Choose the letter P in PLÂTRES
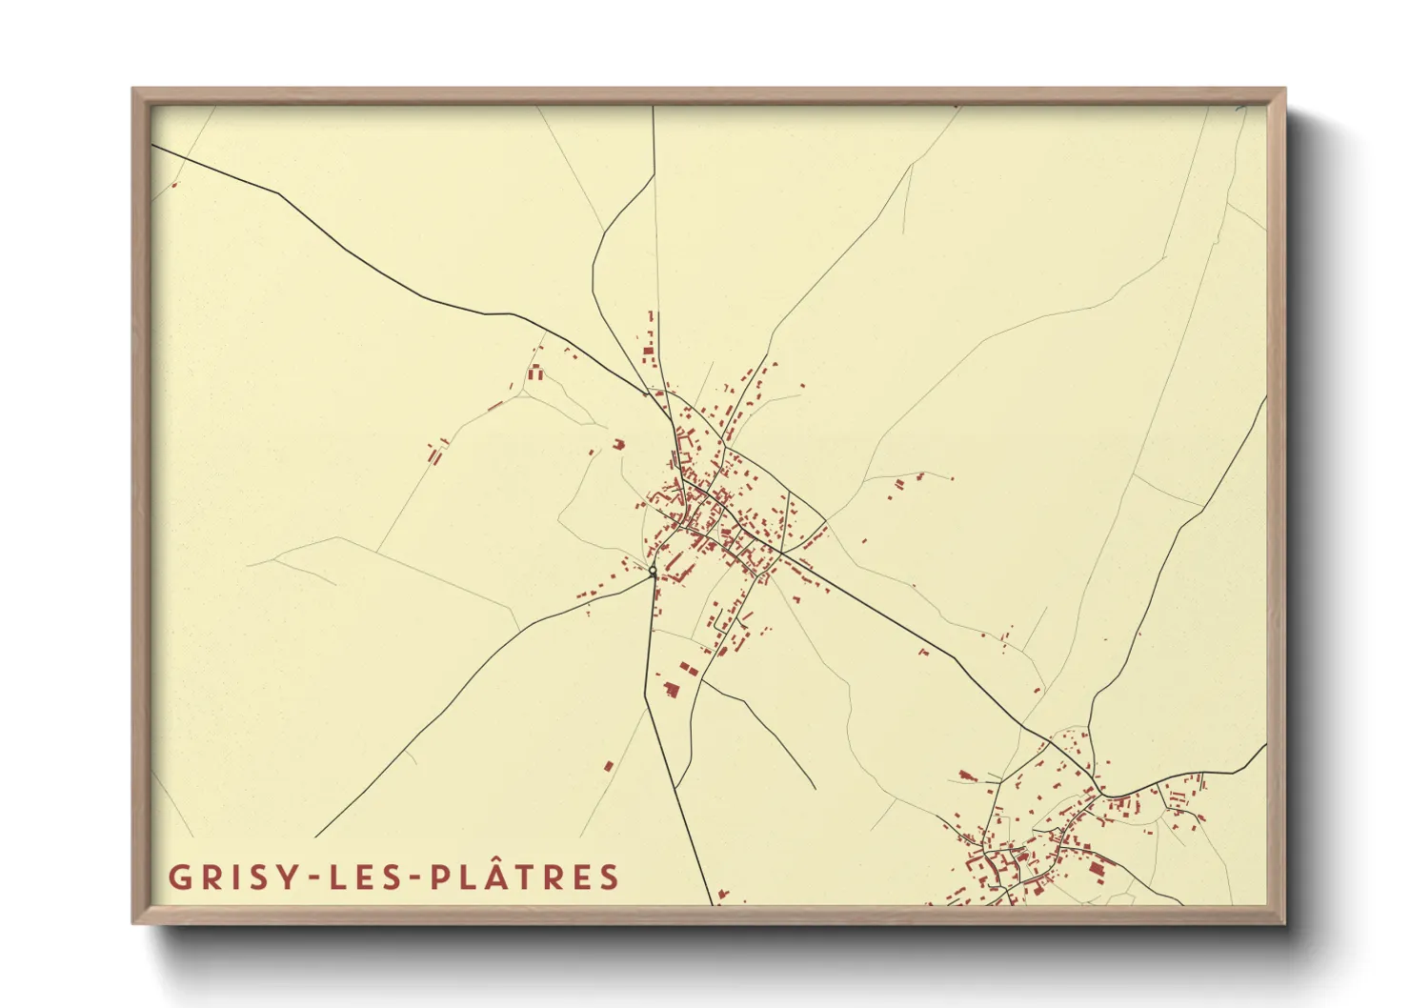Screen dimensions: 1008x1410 point(440,877)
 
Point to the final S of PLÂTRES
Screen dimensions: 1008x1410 point(610,877)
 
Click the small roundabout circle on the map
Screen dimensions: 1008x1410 point(653,572)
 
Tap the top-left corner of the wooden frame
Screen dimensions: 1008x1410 point(133,89)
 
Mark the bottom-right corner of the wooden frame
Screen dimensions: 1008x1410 point(1284,923)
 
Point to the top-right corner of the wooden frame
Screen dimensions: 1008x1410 point(1284,89)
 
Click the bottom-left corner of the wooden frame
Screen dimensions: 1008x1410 point(133,923)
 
